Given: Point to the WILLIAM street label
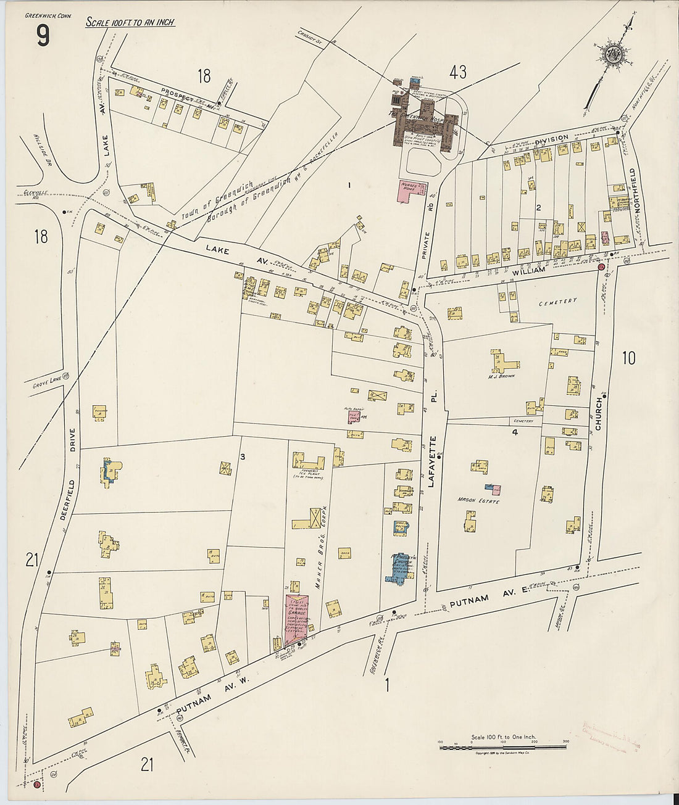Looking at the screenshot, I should pos(528,270).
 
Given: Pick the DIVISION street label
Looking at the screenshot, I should pos(551,139).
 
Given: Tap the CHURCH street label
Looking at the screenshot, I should pos(598,414).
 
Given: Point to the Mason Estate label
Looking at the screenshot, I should pos(478,500).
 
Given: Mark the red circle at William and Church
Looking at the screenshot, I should pos(601,267).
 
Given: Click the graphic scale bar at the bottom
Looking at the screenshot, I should pos(502,747).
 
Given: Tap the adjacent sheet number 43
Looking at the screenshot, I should pos(457,73).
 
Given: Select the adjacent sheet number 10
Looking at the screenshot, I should pos(628,358).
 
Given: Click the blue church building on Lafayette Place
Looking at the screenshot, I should pos(398,568).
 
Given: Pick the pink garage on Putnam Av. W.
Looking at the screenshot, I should pos(296,614).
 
